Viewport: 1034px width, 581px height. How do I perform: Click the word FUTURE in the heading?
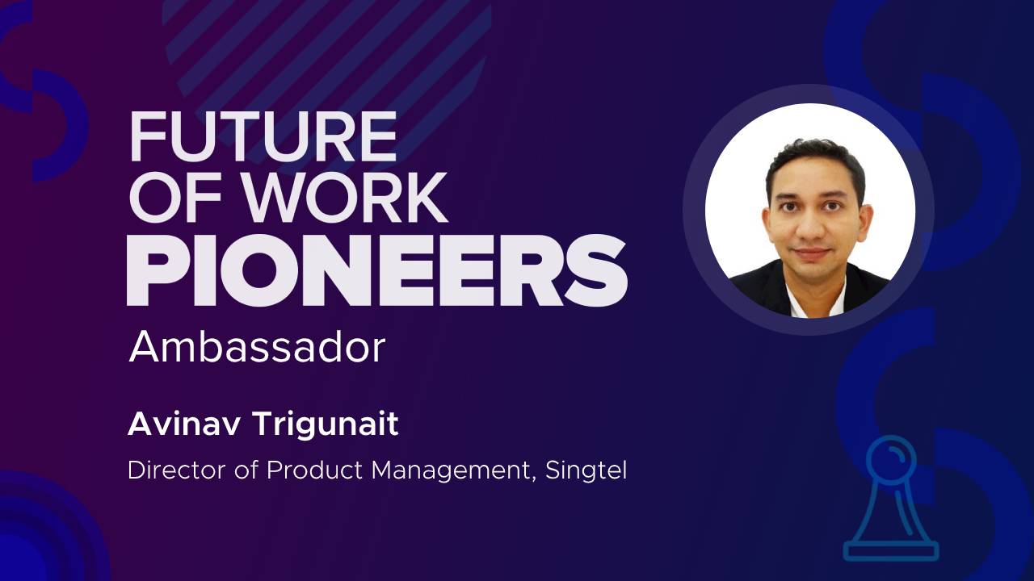tap(263, 137)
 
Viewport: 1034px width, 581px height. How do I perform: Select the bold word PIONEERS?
tap(377, 270)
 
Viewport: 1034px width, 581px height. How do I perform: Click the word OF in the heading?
tap(181, 199)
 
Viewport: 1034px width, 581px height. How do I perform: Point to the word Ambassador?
tap(257, 347)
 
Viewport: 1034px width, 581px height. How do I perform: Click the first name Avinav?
tap(183, 424)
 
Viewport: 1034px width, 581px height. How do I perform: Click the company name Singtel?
tap(586, 471)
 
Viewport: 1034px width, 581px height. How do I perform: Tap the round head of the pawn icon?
tap(891, 457)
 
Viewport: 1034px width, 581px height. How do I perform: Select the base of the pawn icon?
tap(891, 551)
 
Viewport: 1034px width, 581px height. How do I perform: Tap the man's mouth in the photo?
tap(812, 253)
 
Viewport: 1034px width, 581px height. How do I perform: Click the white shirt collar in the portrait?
tap(815, 299)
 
